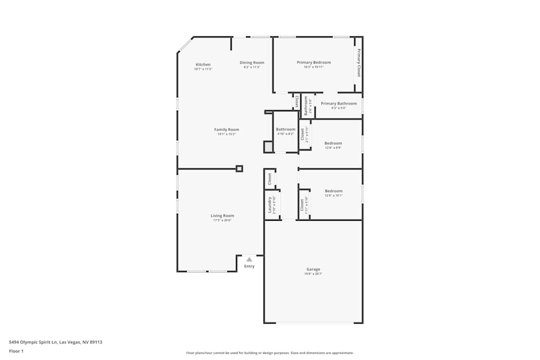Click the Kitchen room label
(203, 65)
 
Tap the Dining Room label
(252, 63)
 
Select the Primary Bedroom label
(314, 63)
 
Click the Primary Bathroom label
(339, 104)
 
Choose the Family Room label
(226, 130)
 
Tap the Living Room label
(222, 216)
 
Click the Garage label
(313, 269)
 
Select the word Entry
(249, 266)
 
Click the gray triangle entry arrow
(249, 260)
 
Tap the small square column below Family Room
(239, 168)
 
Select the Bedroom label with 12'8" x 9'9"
(333, 144)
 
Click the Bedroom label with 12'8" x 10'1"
(333, 191)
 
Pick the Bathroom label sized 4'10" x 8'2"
(286, 130)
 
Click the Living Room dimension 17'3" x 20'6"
(222, 220)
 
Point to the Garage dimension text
(313, 274)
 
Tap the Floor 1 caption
(16, 351)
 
